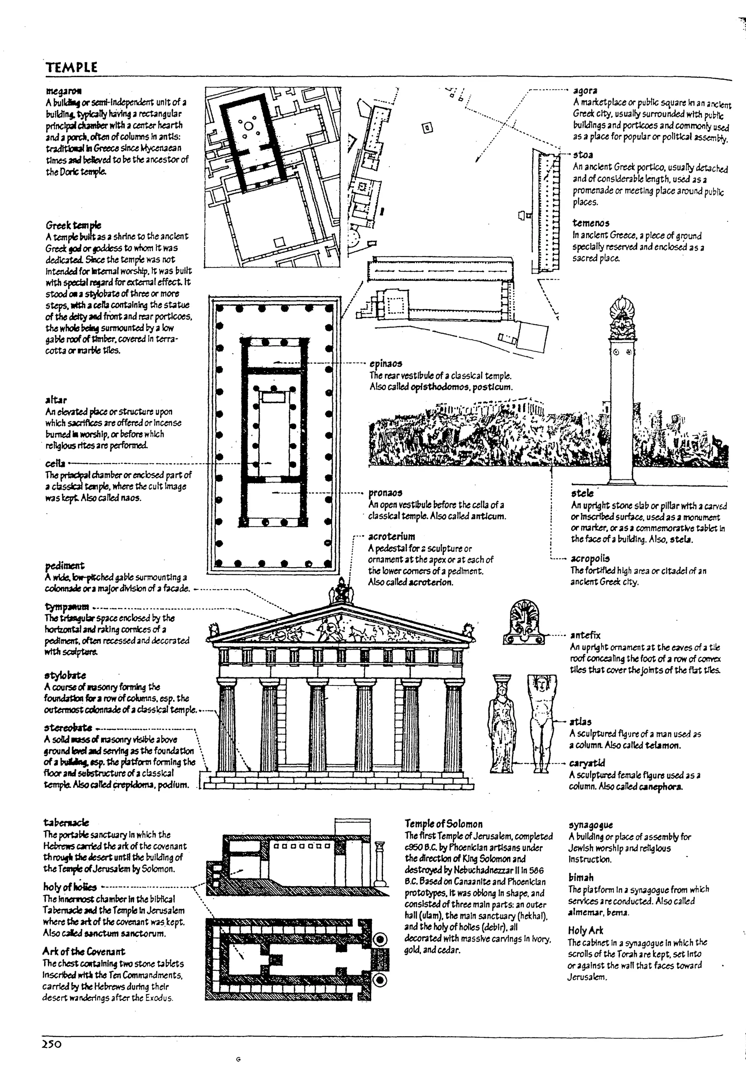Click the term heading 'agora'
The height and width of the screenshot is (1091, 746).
tap(585, 90)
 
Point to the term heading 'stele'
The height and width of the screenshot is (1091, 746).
tap(582, 493)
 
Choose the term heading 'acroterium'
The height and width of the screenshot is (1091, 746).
tap(392, 537)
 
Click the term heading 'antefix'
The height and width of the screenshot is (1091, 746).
tap(585, 635)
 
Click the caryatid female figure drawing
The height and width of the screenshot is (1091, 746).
tap(500, 723)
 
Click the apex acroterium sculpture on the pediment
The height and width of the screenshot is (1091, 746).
tap(341, 592)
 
